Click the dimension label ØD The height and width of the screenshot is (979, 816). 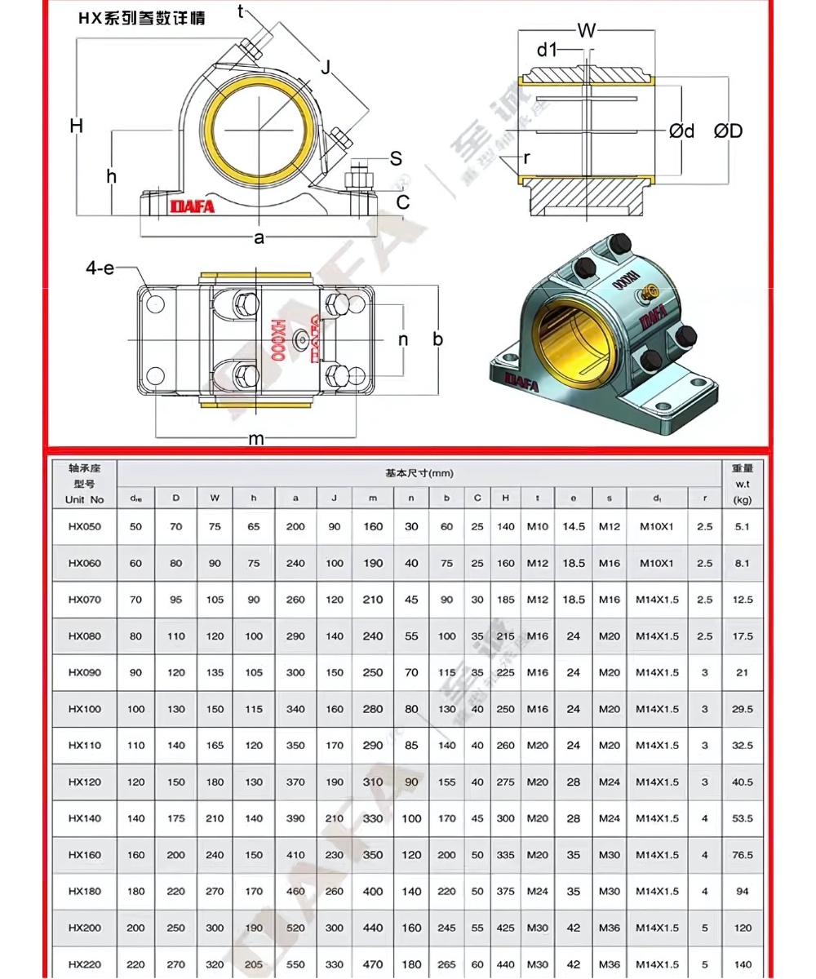click(x=728, y=131)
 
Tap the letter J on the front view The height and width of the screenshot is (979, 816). click(x=326, y=68)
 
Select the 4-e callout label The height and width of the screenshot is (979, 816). click(x=100, y=268)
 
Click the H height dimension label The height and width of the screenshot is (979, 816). click(x=76, y=126)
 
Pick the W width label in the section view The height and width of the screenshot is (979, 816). click(x=587, y=32)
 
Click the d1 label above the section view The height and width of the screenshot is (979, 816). click(x=547, y=51)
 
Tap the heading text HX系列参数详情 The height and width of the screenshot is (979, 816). click(x=141, y=18)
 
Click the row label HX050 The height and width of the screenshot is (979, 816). click(x=85, y=526)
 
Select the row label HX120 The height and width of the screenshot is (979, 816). click(x=85, y=782)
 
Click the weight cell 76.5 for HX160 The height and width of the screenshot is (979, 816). click(x=742, y=855)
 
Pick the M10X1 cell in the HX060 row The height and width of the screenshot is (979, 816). click(x=657, y=563)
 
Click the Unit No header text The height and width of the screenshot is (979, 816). click(x=85, y=499)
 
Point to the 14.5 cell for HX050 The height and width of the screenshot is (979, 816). click(x=574, y=526)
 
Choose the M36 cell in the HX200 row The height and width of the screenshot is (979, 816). click(x=610, y=928)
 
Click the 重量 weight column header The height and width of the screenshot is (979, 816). click(x=742, y=468)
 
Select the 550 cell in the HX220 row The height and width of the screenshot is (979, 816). click(x=295, y=964)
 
